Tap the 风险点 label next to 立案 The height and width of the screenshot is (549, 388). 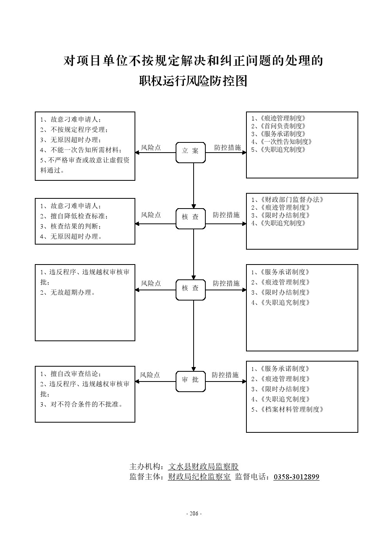(151, 148)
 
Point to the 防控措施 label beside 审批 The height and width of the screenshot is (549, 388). (225, 375)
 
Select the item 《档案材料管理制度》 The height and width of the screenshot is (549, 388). (290, 409)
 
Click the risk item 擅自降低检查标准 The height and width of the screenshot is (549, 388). (79, 216)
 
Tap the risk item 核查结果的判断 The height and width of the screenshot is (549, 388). (75, 226)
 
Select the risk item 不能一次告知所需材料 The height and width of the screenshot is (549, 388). (86, 150)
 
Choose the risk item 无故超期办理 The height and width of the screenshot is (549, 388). (72, 292)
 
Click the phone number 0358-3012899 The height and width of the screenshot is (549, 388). (296, 477)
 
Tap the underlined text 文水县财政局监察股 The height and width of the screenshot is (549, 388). (203, 466)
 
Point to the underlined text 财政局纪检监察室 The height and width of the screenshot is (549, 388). (199, 477)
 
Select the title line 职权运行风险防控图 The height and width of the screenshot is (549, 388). (194, 81)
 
